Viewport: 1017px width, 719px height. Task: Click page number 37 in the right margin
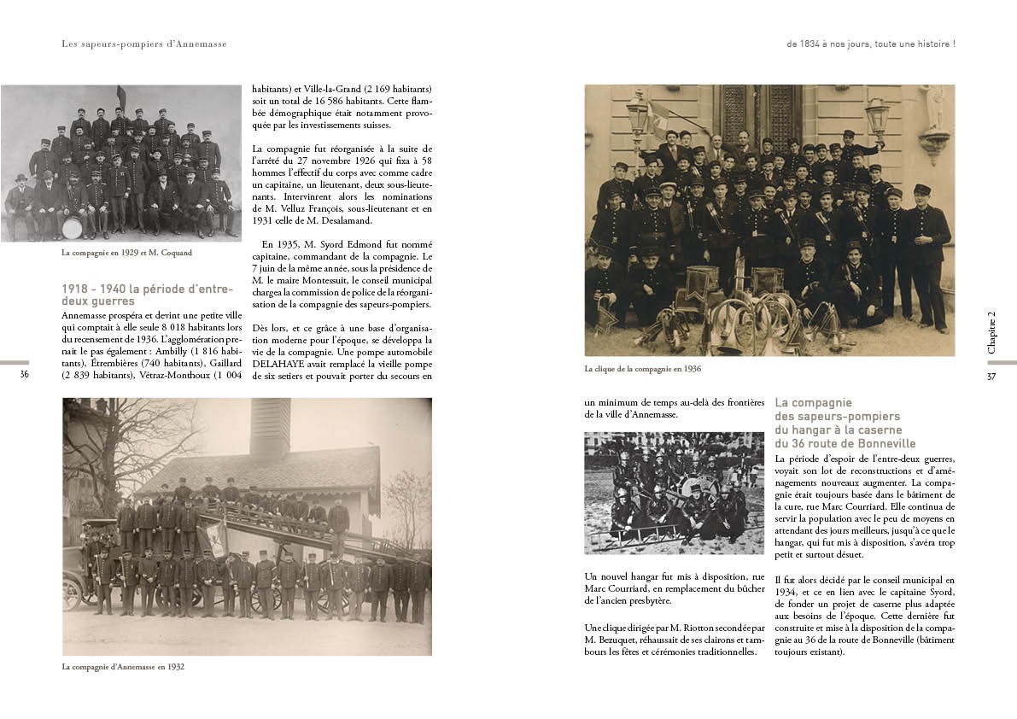point(991,376)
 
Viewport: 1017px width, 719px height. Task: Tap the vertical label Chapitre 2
point(991,332)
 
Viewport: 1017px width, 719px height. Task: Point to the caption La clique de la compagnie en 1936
point(642,369)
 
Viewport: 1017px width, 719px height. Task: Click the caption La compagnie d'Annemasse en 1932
point(123,667)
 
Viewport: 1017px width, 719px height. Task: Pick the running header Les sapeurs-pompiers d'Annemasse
point(144,44)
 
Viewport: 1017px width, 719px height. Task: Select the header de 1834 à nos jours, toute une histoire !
point(870,44)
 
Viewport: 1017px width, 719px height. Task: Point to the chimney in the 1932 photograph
point(270,426)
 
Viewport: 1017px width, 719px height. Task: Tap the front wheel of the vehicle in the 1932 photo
point(73,592)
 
